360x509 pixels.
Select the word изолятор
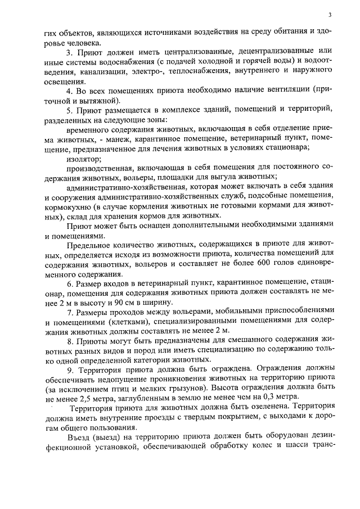click(x=84, y=159)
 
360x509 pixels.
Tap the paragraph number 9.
click(x=69, y=370)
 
